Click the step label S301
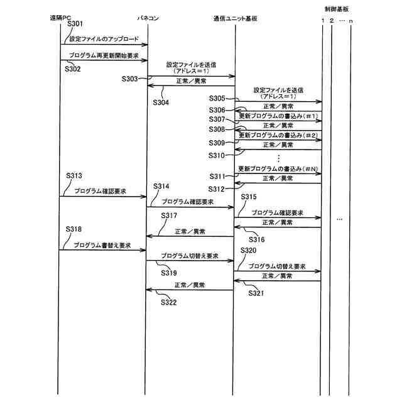(x=75, y=24)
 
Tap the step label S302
(x=73, y=68)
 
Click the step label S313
(x=74, y=175)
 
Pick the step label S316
(x=258, y=239)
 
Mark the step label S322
(x=168, y=302)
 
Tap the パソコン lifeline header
(x=148, y=18)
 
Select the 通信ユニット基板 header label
(x=235, y=18)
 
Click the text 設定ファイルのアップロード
(x=104, y=39)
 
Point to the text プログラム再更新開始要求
(x=104, y=55)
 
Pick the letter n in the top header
(x=352, y=21)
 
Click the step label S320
(x=249, y=250)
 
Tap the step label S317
(x=168, y=216)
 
